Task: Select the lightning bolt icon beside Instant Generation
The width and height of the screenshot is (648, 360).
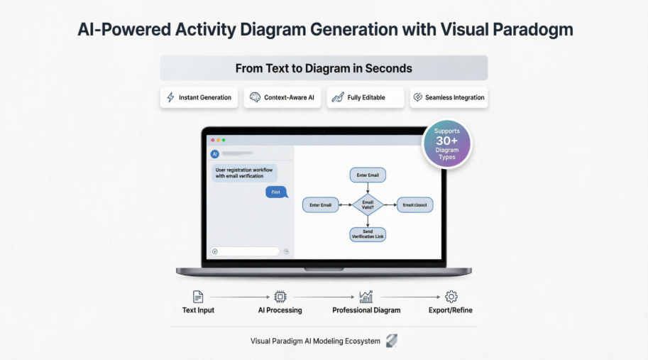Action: (170, 97)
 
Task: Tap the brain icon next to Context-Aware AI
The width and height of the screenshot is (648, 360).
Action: (255, 97)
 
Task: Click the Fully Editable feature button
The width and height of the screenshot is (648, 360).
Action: (365, 97)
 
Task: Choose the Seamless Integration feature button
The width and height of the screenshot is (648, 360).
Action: (449, 97)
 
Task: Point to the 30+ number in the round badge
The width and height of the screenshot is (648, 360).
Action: (446, 141)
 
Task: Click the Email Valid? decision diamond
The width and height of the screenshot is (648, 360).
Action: (368, 205)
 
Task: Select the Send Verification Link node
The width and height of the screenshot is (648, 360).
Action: (368, 234)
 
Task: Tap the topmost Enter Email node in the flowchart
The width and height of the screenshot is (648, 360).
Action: (368, 175)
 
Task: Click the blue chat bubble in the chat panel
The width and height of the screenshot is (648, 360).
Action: (276, 192)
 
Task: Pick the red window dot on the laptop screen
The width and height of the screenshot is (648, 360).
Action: (211, 140)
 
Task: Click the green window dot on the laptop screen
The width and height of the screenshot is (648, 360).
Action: (222, 140)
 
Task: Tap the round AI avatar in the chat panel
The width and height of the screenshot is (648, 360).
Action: (214, 153)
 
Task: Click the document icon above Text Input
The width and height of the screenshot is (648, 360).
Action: (198, 297)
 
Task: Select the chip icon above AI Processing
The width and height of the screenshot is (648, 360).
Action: (280, 297)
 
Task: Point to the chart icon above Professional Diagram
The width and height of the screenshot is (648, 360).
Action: (366, 297)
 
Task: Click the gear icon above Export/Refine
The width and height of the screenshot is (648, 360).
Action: (451, 297)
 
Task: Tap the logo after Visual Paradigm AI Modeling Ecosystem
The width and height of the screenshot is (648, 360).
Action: (391, 341)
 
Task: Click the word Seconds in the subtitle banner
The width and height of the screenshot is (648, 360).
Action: (388, 69)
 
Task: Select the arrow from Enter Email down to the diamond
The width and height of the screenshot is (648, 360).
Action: (368, 187)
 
